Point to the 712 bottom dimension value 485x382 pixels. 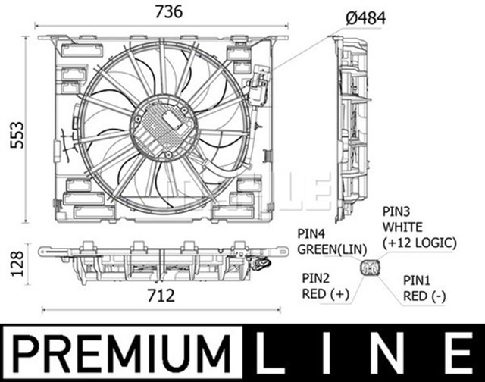pos(161,293)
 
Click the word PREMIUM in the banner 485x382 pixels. pos(121,353)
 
